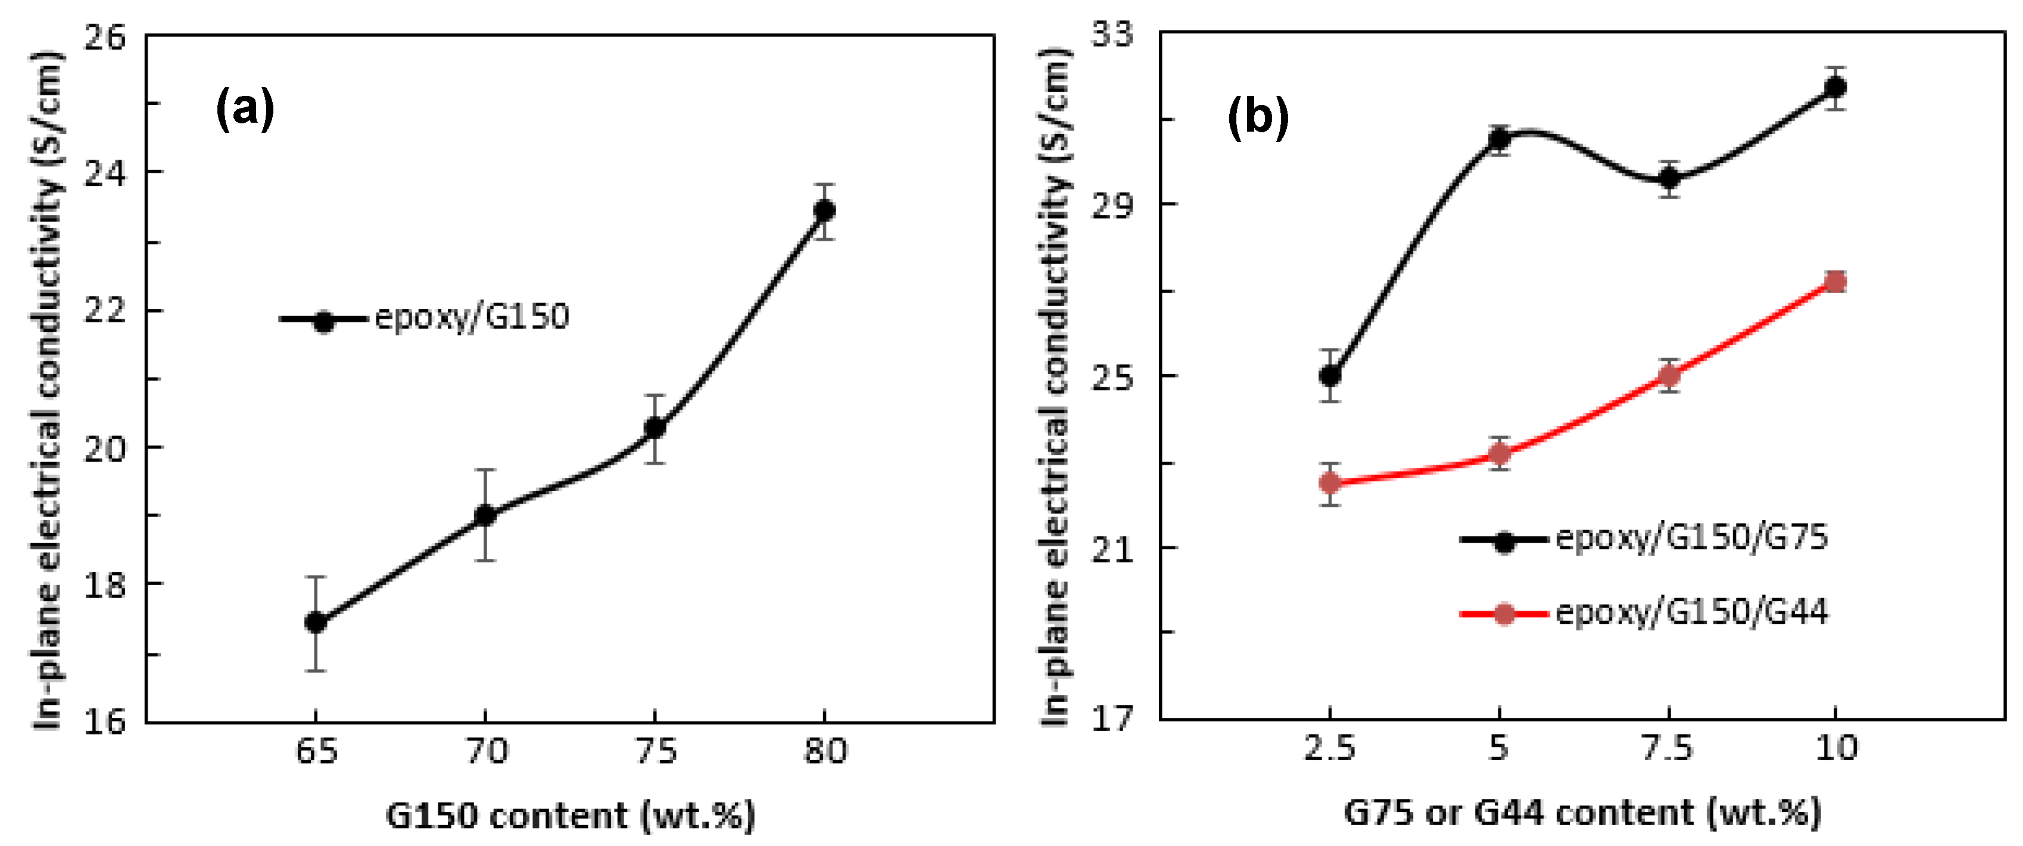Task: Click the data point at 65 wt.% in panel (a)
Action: [316, 622]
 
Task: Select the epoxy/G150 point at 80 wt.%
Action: [824, 210]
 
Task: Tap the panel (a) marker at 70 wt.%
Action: [485, 515]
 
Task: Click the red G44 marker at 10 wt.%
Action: [1835, 282]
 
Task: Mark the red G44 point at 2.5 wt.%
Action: [1330, 483]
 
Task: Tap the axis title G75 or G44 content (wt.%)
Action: [1582, 812]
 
